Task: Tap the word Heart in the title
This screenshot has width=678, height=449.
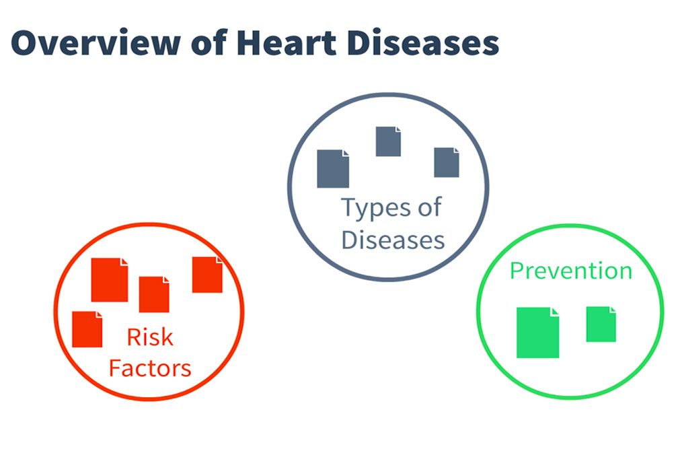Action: (x=287, y=43)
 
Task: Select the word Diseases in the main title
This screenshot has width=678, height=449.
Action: (x=423, y=43)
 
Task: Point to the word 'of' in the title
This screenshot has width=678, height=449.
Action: (x=209, y=43)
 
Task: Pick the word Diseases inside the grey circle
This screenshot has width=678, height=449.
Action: (x=393, y=240)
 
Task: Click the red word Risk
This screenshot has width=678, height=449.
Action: (x=150, y=337)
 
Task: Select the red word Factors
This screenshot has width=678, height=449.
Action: (x=150, y=368)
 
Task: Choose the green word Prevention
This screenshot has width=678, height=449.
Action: (x=571, y=271)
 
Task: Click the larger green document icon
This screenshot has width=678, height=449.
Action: (x=538, y=333)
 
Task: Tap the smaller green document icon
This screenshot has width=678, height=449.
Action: (x=601, y=324)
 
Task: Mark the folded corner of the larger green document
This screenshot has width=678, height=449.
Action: (x=555, y=312)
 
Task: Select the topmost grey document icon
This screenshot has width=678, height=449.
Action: (x=388, y=141)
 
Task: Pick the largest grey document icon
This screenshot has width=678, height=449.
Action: (x=333, y=169)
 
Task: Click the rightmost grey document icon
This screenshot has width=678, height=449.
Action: (x=447, y=163)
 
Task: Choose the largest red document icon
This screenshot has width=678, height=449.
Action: (x=110, y=280)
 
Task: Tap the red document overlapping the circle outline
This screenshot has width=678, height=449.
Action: (x=208, y=275)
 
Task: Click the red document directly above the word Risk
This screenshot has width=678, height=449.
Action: (x=154, y=295)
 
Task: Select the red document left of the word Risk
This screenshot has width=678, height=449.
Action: (x=87, y=329)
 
